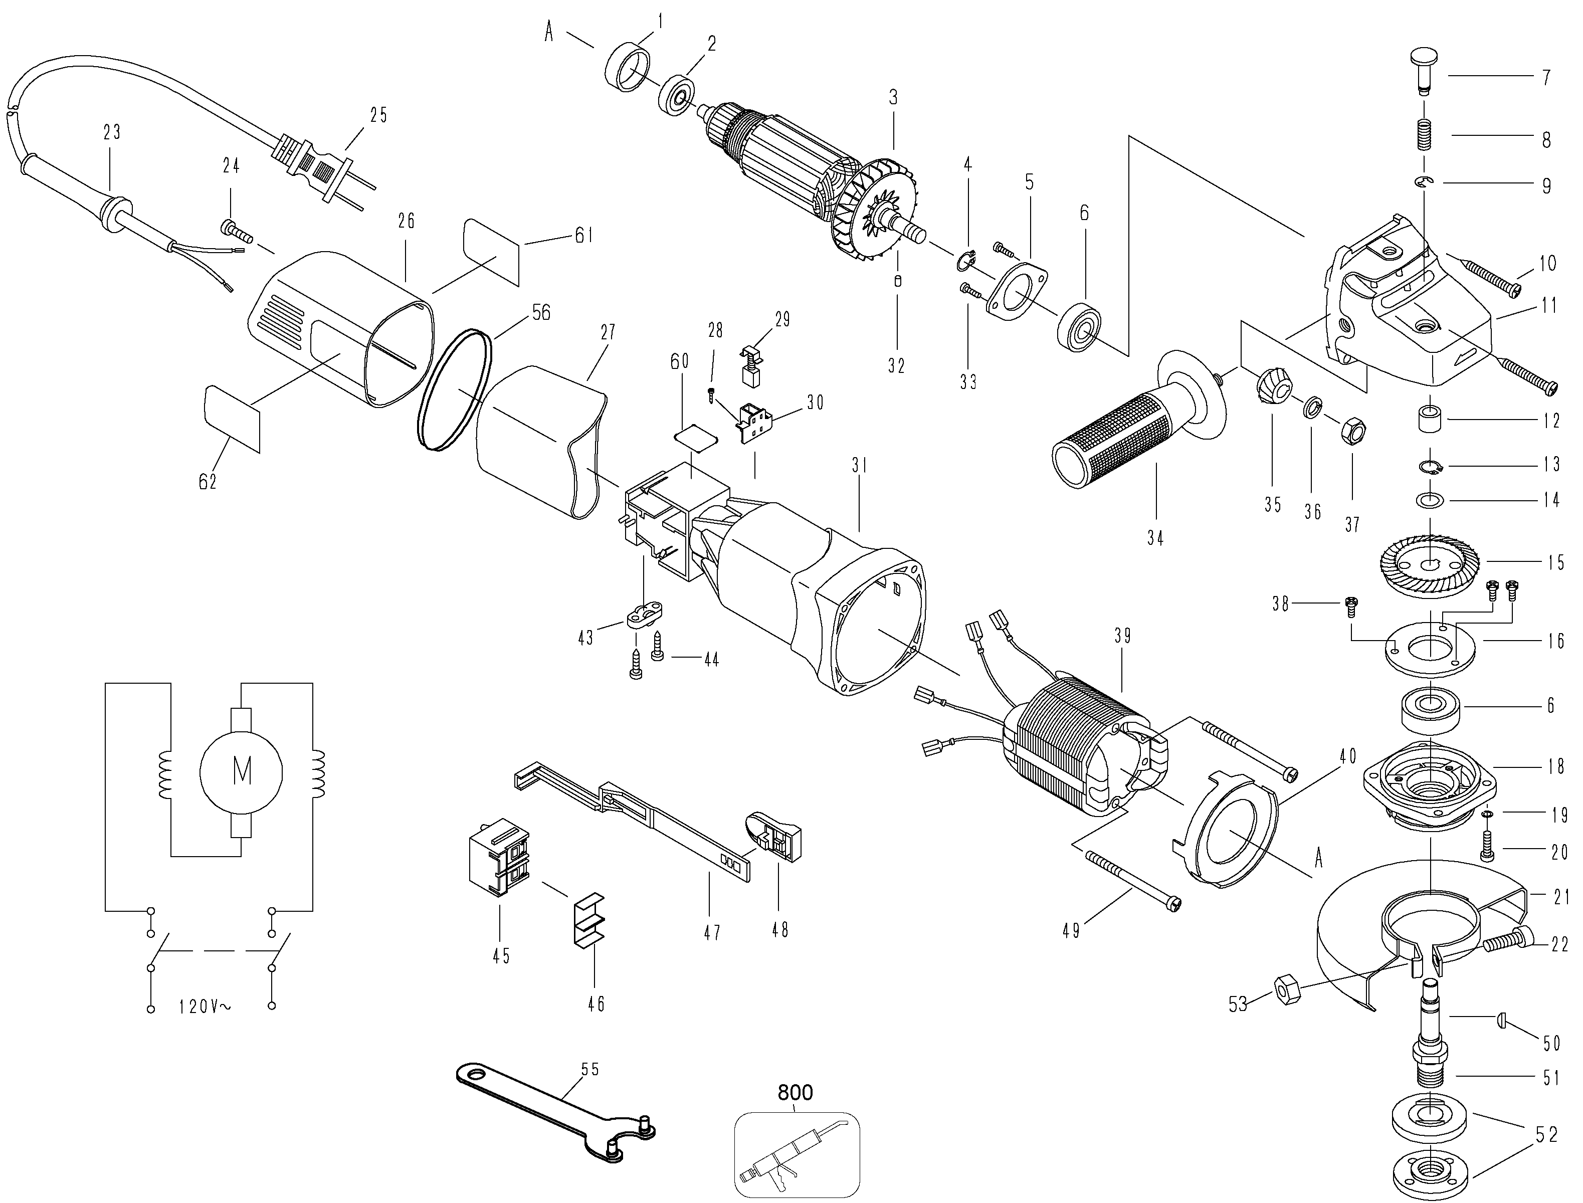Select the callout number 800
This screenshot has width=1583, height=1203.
coord(796,1092)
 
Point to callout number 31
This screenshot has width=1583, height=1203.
coord(859,466)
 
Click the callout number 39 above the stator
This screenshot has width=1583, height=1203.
coord(1123,636)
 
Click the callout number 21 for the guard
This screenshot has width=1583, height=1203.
coord(1561,897)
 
